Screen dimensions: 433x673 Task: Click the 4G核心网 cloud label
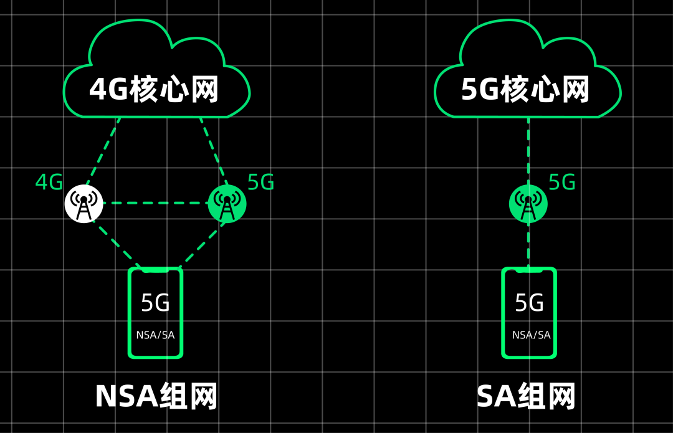[154, 90]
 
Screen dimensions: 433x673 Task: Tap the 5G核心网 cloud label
[525, 90]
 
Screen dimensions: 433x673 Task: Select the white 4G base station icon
[84, 203]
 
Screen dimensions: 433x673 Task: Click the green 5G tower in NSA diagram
[227, 203]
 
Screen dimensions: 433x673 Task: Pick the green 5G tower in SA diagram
[528, 203]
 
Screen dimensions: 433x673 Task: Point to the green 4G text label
[49, 183]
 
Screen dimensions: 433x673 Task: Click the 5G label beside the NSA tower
[260, 183]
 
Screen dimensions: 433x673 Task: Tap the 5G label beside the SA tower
[561, 183]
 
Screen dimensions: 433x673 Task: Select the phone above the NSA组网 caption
[155, 313]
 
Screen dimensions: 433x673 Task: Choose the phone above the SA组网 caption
[529, 313]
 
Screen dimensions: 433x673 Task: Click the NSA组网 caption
[156, 396]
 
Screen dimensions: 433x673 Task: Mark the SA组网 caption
[526, 396]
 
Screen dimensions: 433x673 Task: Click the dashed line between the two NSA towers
[156, 203]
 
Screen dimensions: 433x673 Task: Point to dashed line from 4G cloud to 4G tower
[102, 151]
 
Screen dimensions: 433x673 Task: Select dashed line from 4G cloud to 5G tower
[212, 150]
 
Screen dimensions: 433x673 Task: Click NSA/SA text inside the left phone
[155, 335]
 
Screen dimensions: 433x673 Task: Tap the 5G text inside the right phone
[529, 303]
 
